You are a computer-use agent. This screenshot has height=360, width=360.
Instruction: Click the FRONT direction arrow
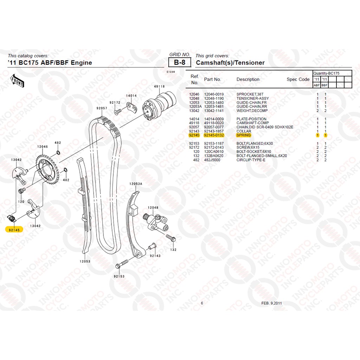click(x=17, y=81)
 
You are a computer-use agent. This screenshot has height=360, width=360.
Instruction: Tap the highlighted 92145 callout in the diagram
click(x=14, y=230)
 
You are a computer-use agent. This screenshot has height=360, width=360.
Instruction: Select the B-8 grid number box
click(x=180, y=62)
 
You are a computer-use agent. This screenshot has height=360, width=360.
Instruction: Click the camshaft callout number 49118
click(x=159, y=86)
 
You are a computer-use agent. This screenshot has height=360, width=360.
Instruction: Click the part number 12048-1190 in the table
click(x=214, y=98)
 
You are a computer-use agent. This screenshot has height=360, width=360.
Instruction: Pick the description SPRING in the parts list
click(x=244, y=135)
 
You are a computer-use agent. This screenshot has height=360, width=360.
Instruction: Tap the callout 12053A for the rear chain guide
click(x=136, y=184)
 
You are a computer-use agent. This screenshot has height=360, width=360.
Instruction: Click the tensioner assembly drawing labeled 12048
click(x=156, y=222)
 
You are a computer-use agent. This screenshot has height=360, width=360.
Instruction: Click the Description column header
click(x=248, y=79)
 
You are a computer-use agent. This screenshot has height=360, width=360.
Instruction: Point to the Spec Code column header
click(x=298, y=79)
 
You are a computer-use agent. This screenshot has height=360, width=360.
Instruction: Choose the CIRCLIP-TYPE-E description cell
click(x=251, y=160)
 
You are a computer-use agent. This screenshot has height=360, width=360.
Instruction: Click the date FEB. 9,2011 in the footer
click(x=271, y=303)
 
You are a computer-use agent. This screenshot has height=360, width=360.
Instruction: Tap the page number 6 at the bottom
click(x=202, y=303)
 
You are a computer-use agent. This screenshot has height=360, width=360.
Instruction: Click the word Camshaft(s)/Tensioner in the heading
click(x=230, y=63)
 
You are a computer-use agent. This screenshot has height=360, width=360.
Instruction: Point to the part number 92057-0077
click(x=214, y=127)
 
